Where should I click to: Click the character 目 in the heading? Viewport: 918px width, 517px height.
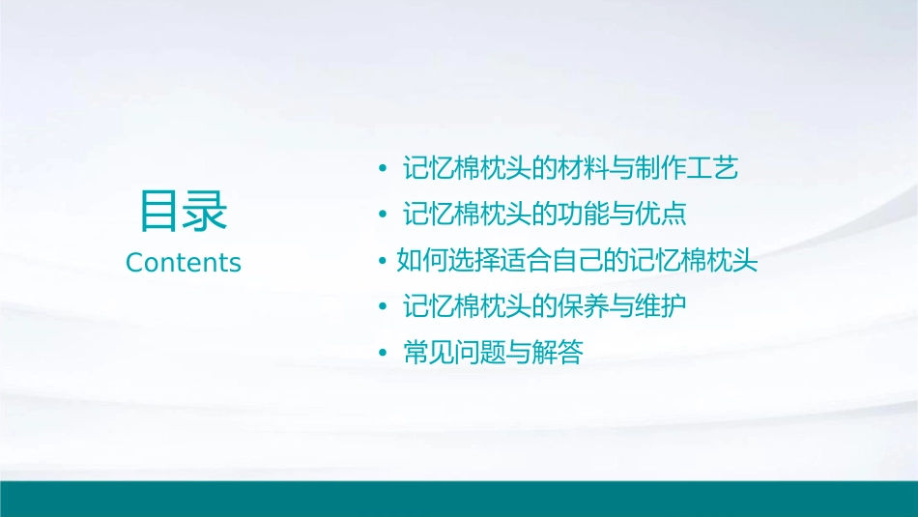coord(160,211)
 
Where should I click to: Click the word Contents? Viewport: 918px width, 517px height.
coord(184,263)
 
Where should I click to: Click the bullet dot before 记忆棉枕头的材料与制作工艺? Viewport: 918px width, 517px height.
coord(384,170)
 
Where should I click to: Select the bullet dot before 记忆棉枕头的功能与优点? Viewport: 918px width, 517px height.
coord(384,215)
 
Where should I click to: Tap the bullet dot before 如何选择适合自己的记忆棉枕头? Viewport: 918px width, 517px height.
coord(384,262)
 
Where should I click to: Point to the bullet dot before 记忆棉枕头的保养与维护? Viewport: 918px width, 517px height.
coord(384,308)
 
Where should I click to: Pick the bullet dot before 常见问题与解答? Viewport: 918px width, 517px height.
coord(384,354)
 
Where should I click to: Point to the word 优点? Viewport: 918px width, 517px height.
coord(665,215)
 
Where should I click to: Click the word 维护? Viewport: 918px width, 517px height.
coord(665,308)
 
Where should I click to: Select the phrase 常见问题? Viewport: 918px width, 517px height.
coord(448,354)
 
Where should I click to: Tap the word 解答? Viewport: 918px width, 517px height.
coord(561,354)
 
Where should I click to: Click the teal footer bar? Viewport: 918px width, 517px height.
coord(459,498)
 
